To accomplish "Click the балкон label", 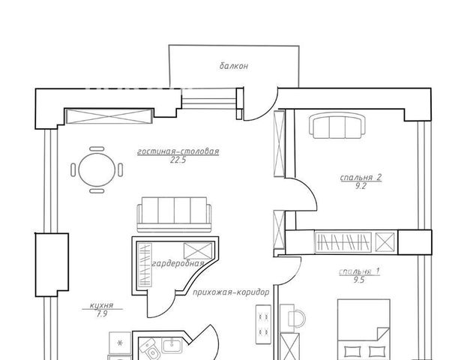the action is (234, 66).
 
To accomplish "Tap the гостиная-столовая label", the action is (178, 151).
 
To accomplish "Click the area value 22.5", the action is (178, 160).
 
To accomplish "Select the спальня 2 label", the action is (361, 178).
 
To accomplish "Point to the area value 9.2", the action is (361, 186).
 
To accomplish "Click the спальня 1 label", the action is (359, 272).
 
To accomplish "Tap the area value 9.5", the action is (359, 280).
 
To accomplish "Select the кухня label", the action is (102, 305).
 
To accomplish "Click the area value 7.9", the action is (102, 314).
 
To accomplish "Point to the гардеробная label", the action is (178, 263).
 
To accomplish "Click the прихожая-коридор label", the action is (231, 292).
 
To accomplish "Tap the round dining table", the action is (97, 169).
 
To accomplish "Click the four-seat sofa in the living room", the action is (175, 214).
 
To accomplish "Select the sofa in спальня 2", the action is (337, 125).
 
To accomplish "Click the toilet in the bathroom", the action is (150, 350).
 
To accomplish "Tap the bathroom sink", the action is (172, 346).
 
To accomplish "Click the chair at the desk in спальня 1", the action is (296, 318).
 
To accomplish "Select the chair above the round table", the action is (97, 148).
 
